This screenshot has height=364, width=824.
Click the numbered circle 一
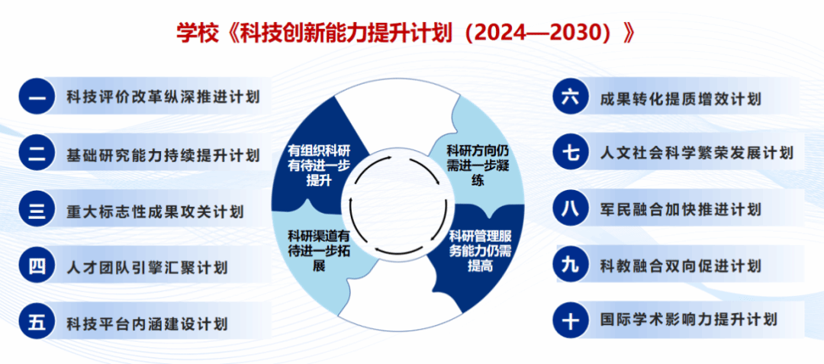37,96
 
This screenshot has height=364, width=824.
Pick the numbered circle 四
37,267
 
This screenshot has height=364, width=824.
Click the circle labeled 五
37,323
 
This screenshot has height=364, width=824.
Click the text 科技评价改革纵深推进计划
163,97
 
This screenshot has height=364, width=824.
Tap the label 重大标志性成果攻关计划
155,211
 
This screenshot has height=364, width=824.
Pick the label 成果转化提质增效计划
681,98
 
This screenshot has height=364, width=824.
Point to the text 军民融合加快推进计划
681,210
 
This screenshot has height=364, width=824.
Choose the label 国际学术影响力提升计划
688,319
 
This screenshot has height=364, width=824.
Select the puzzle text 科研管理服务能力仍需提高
481,250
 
